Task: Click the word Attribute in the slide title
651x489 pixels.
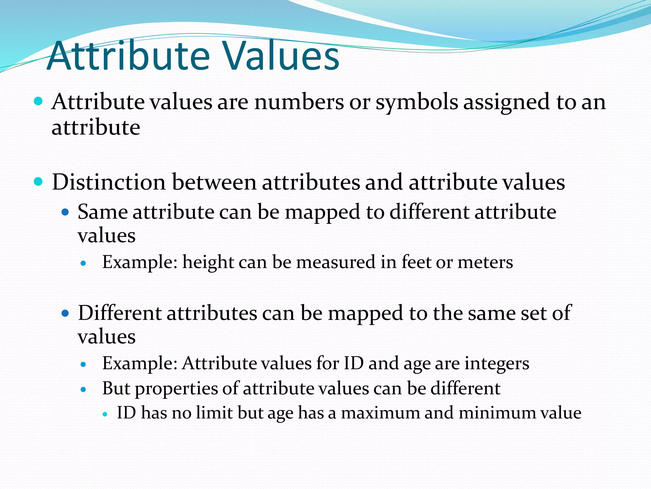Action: (128, 56)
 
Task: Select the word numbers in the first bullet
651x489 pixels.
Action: (299, 102)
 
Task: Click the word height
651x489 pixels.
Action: (208, 263)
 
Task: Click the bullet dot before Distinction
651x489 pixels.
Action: (38, 182)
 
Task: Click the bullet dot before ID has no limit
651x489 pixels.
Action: (106, 414)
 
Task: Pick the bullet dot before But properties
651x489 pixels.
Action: (84, 389)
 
